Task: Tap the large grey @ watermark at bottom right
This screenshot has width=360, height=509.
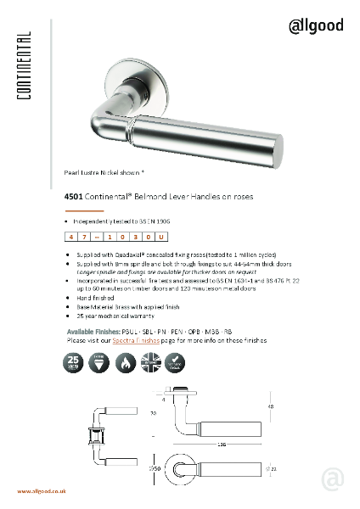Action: point(333,479)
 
